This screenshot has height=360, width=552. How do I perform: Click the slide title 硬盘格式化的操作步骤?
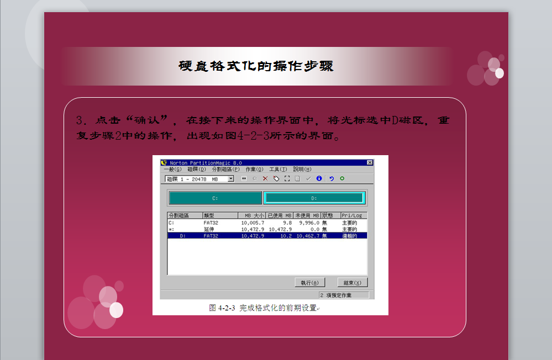point(256,66)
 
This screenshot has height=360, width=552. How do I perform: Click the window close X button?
point(370,162)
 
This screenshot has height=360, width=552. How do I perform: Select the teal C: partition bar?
point(215,198)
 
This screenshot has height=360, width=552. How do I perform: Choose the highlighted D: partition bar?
point(314,198)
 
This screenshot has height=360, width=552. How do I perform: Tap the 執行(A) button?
point(310,283)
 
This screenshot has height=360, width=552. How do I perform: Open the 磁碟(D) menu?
point(197,170)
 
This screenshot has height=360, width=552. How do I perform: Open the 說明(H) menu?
point(302,170)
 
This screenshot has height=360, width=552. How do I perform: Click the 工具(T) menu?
point(278,170)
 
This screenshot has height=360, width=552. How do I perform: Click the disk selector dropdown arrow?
point(230,179)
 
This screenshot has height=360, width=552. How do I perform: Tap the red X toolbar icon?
point(265,179)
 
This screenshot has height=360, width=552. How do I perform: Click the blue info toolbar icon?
point(319,178)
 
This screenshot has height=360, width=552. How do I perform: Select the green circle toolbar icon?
point(342,178)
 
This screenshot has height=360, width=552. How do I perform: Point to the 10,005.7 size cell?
point(253,223)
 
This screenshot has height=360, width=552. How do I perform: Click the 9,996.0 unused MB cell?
point(309,223)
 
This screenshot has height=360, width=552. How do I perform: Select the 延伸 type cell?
point(209,230)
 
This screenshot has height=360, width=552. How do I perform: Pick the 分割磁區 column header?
point(178,215)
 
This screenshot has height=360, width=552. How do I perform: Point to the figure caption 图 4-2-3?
point(222,308)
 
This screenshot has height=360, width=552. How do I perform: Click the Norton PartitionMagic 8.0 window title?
point(206,162)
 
